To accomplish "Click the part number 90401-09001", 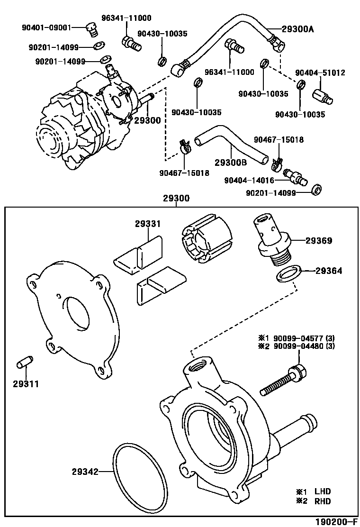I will (46, 27).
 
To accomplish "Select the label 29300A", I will (298, 29).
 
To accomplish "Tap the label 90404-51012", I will (320, 73).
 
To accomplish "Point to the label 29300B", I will (231, 162).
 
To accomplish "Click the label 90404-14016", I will (249, 180).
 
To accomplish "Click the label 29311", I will (26, 384).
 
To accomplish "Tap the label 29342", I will (85, 472).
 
